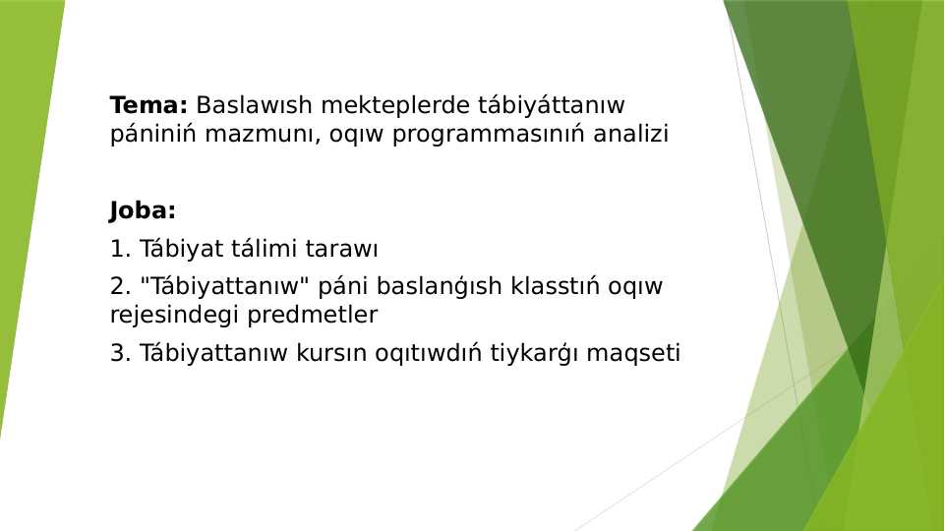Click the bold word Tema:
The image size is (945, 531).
point(148,105)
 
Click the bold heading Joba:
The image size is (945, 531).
point(143,210)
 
